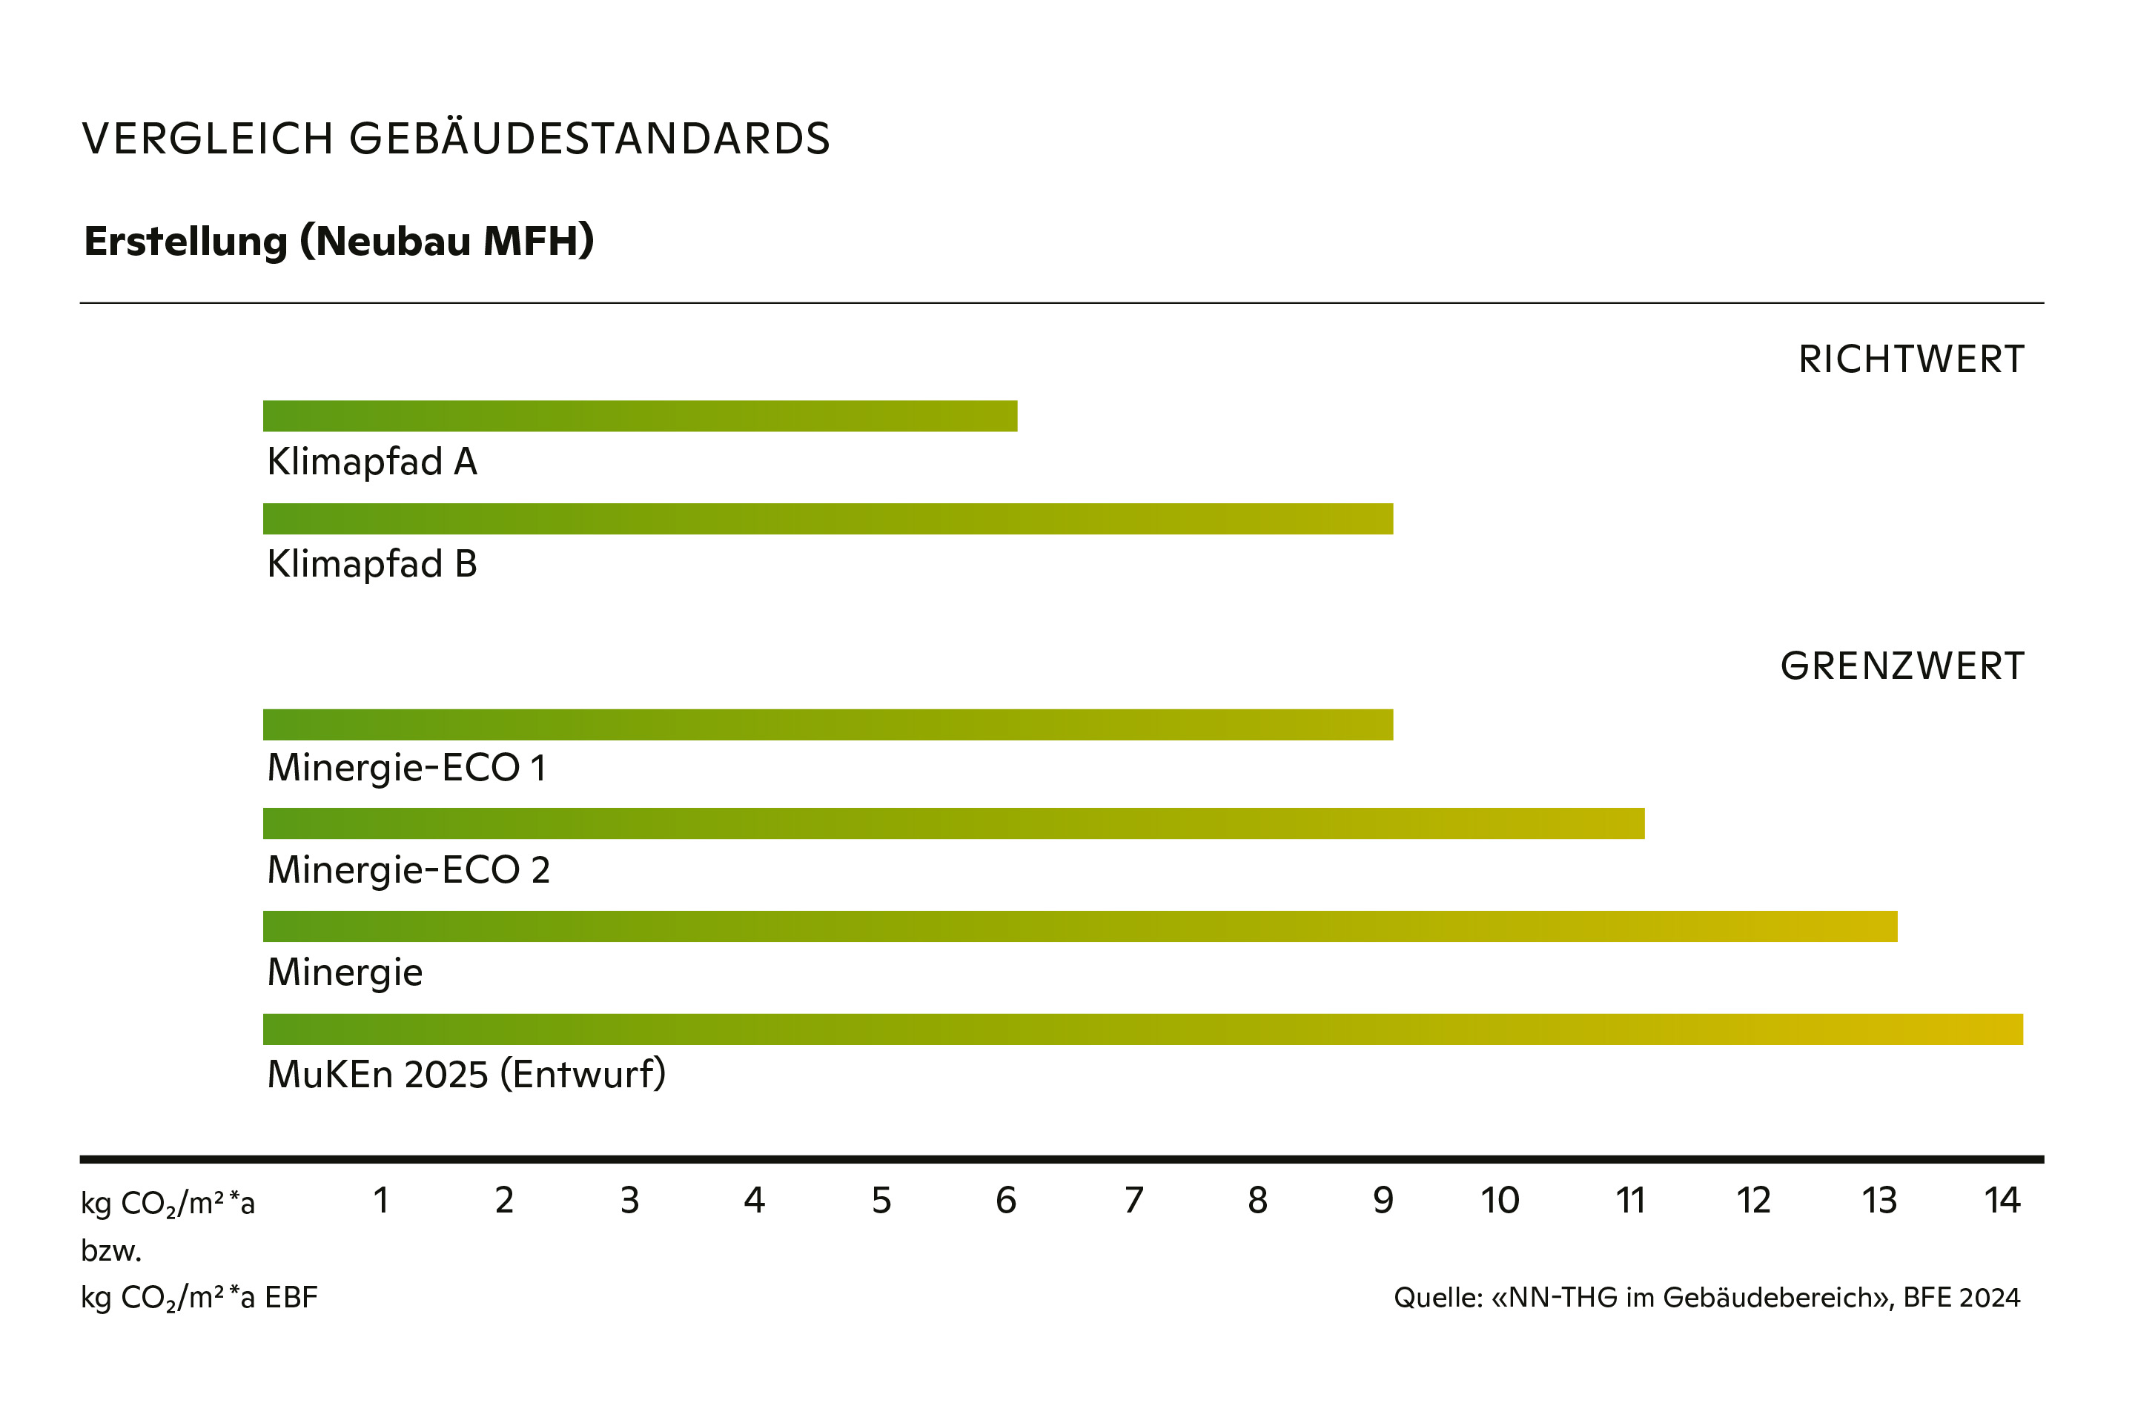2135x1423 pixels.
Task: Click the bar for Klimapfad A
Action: (639, 416)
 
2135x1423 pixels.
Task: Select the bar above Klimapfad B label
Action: (827, 518)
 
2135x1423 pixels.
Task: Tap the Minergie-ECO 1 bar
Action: (827, 724)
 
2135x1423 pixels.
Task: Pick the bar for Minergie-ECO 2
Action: (953, 823)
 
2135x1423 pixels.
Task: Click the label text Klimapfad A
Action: (371, 462)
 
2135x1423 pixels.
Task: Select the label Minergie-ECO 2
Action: (408, 869)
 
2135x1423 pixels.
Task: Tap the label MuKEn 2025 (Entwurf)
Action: (466, 1075)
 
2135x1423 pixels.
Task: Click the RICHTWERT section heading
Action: (1911, 359)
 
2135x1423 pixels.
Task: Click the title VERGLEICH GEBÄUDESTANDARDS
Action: (456, 139)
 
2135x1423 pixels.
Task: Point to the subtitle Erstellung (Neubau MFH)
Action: (339, 242)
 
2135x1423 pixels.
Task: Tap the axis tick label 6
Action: (1006, 1201)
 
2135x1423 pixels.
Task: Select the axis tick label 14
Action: (2002, 1201)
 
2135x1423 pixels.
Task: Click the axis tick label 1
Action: (381, 1201)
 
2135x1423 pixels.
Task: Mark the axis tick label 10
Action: (1500, 1201)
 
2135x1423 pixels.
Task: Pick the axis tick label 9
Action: (1383, 1201)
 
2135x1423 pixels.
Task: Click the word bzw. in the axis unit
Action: (110, 1252)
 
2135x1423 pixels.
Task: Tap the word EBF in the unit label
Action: (291, 1298)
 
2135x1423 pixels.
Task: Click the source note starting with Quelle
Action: (1707, 1298)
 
